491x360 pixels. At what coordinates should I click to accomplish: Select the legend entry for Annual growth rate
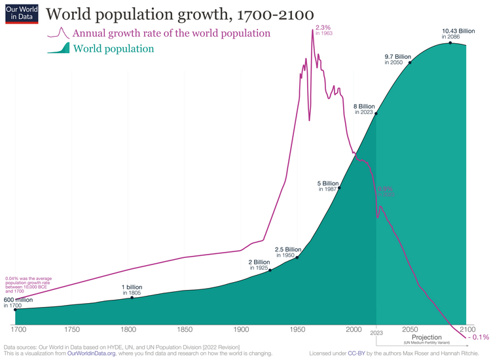(172, 33)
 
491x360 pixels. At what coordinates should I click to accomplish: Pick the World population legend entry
(113, 49)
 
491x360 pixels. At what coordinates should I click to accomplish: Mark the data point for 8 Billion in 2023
(376, 113)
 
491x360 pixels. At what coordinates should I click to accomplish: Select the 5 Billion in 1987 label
(327, 186)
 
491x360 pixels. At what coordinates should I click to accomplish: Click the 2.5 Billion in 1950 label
(287, 253)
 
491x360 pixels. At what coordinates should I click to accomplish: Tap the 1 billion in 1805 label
(132, 290)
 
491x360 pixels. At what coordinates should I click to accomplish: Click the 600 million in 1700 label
(18, 302)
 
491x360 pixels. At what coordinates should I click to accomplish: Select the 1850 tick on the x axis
(185, 329)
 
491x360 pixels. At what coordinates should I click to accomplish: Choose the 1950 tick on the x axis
(298, 329)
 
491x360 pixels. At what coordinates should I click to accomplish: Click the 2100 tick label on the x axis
(466, 329)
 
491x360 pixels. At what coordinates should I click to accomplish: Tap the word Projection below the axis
(427, 337)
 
